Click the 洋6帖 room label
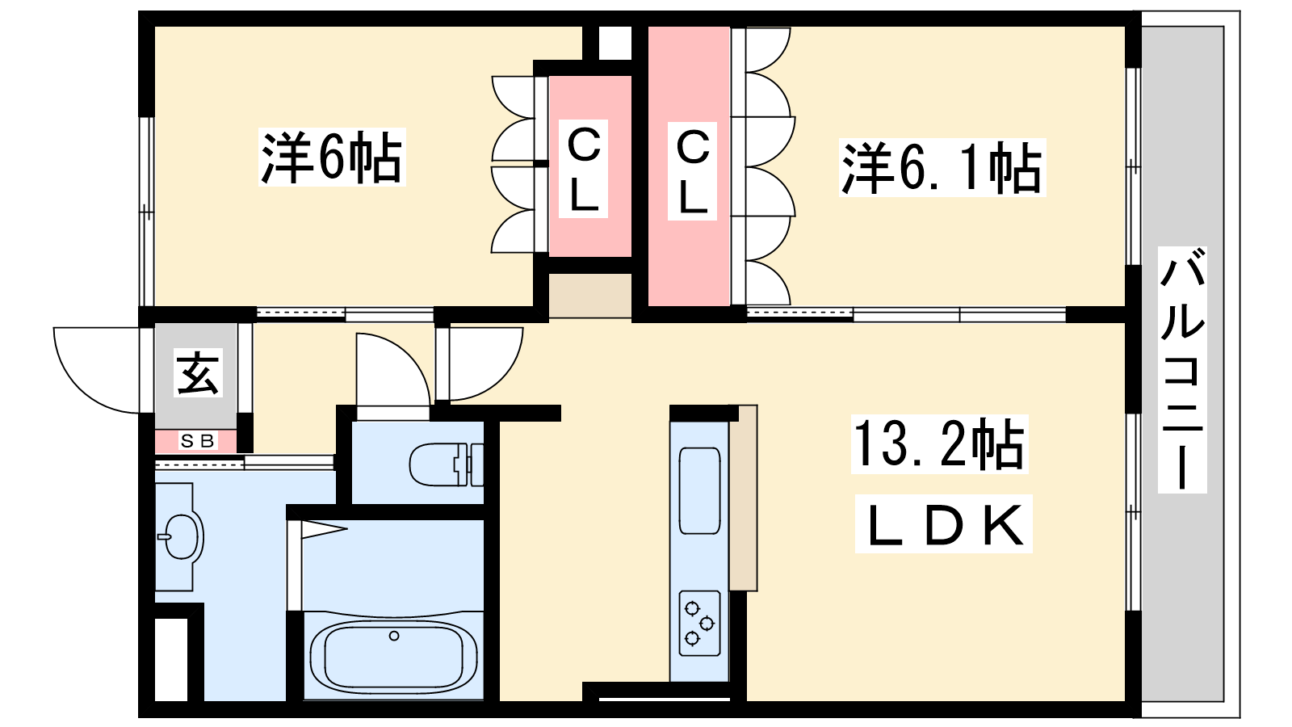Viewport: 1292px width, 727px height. tap(332, 157)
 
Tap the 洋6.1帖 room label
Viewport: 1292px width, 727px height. tap(942, 167)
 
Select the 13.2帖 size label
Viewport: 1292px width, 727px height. tap(939, 443)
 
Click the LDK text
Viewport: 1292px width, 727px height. tap(944, 524)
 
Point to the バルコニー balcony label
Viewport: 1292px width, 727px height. tap(1182, 369)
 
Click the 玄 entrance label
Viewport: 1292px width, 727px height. tap(198, 372)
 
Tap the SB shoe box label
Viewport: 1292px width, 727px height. tap(197, 441)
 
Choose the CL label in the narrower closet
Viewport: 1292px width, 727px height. tap(583, 169)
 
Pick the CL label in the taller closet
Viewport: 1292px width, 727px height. tap(692, 170)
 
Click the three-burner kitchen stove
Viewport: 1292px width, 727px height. tap(699, 623)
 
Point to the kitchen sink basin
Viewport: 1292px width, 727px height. tap(699, 490)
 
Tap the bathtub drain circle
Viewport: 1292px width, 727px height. tap(394, 636)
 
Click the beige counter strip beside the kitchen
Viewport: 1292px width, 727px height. tap(744, 498)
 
